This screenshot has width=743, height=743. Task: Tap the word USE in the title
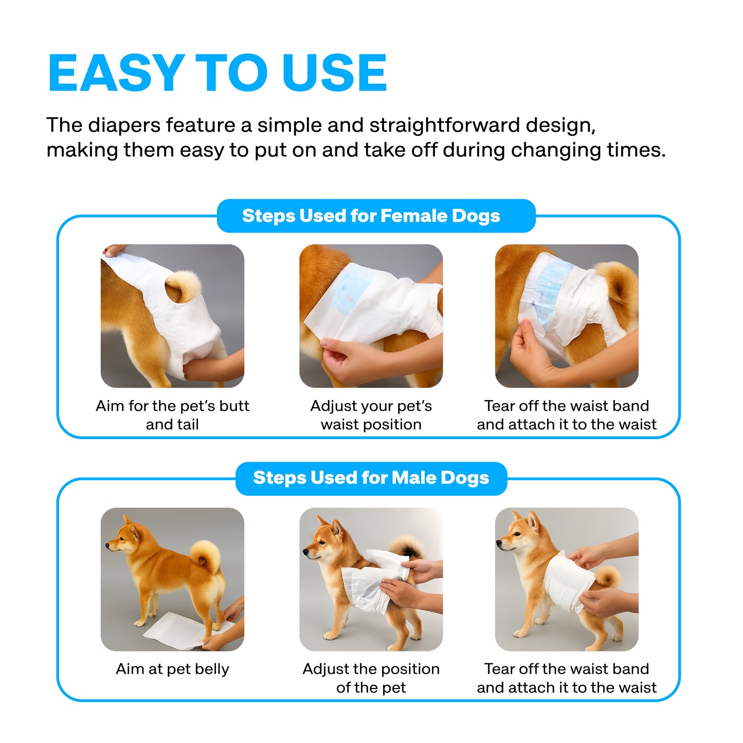pyautogui.click(x=334, y=73)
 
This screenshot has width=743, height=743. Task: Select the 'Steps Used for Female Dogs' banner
pyautogui.click(x=376, y=215)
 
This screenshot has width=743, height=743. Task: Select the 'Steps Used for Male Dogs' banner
pyautogui.click(x=371, y=478)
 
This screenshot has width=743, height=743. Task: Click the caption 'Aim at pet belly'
pyautogui.click(x=172, y=669)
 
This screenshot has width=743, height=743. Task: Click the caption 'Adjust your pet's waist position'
pyautogui.click(x=371, y=415)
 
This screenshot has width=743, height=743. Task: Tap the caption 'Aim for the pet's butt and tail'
pyautogui.click(x=172, y=415)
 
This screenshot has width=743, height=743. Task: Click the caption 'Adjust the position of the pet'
pyautogui.click(x=371, y=678)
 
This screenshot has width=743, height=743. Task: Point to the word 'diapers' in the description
pyautogui.click(x=124, y=126)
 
